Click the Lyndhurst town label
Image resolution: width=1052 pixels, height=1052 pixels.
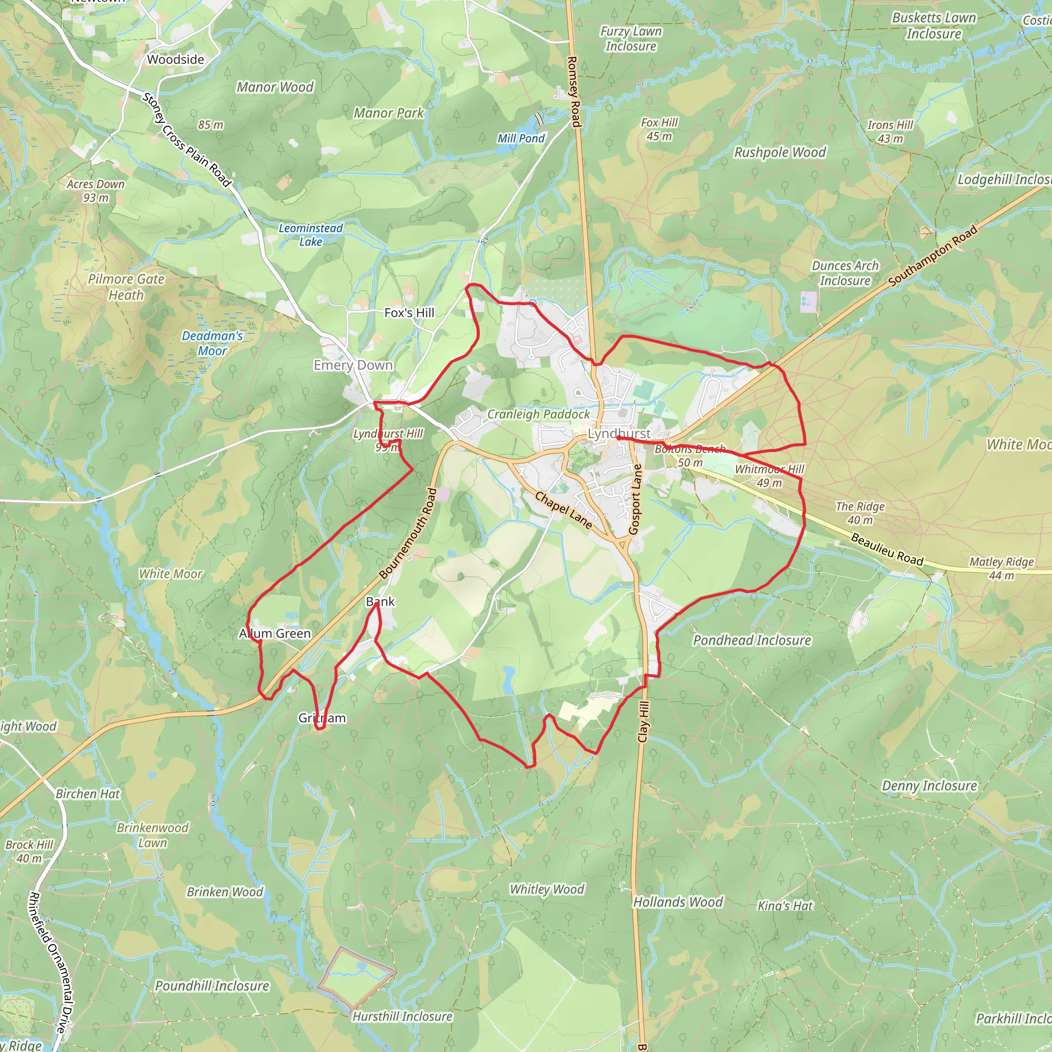coord(619,434)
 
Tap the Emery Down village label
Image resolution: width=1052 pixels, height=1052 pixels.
coord(353,365)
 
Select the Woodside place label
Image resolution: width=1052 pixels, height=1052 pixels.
coord(175,60)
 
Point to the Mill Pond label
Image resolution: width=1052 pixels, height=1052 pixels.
coord(520,138)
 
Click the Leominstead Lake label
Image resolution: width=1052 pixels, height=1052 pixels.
coord(310,235)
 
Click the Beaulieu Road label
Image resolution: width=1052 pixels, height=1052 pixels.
coord(887,549)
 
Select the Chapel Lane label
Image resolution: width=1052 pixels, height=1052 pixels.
coord(563,510)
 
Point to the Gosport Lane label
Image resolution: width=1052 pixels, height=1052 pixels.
coord(635,499)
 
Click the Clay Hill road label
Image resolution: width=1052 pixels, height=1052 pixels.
coord(644,722)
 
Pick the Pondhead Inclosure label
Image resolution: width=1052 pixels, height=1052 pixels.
coord(752,641)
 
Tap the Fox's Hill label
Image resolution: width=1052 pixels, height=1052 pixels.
coord(409,312)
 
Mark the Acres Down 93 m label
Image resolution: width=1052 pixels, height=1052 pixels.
coord(96,191)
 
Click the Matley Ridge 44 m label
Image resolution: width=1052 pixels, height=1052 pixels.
coord(1001,569)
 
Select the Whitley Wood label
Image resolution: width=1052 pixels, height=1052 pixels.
coord(547,889)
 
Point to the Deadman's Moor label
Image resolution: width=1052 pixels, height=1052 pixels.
coord(212,343)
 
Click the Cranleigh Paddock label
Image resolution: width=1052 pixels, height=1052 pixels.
coord(538,415)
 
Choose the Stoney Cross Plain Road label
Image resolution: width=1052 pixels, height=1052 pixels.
coord(187,139)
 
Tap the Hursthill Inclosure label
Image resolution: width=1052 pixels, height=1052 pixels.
coord(402,1016)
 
